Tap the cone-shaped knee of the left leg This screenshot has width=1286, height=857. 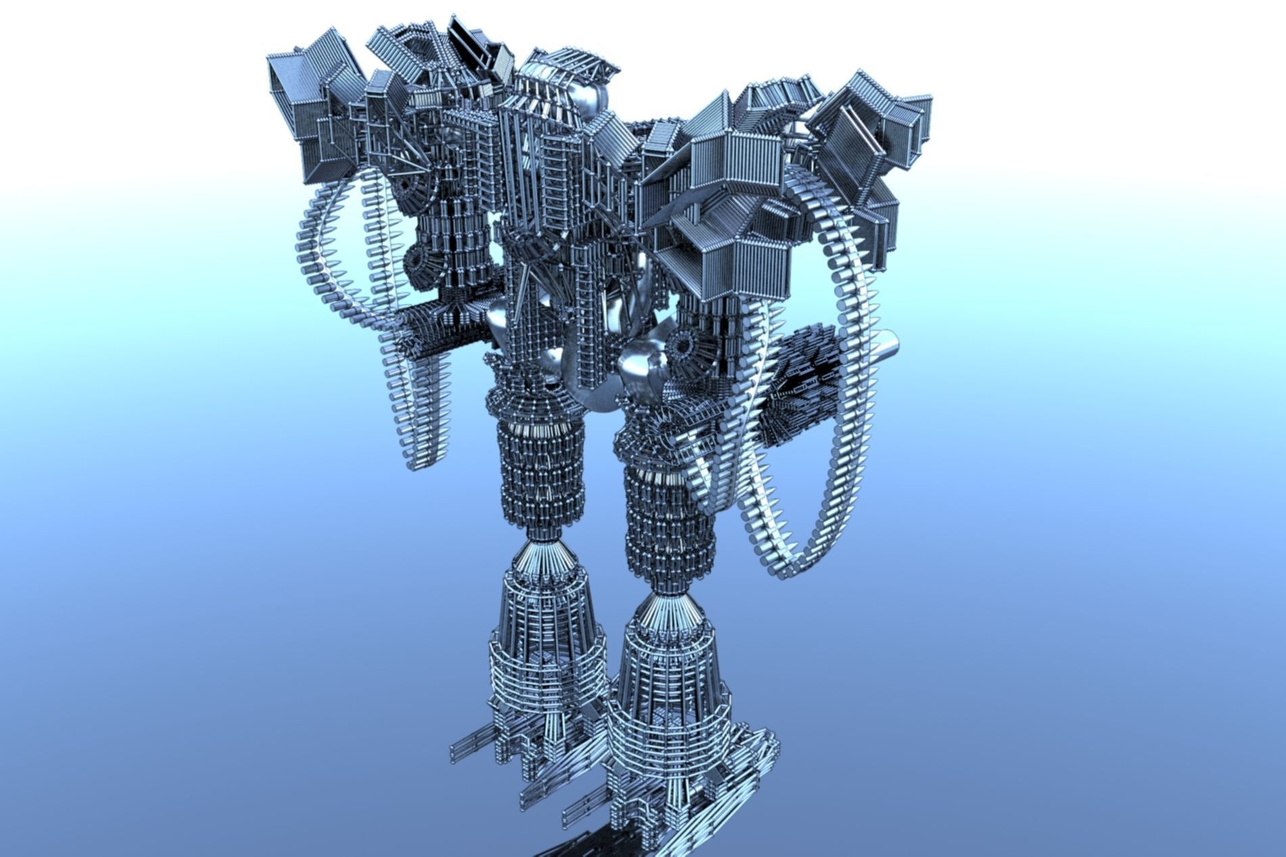click(x=538, y=552)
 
